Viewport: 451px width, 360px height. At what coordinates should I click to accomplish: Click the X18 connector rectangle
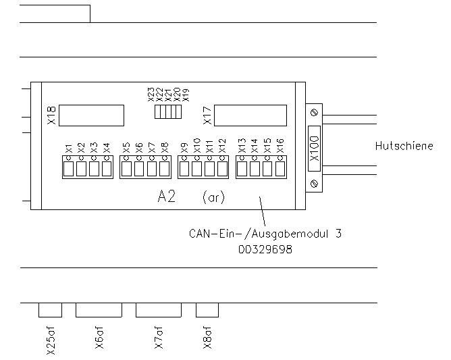point(91,115)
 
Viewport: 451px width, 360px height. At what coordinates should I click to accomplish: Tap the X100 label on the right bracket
point(314,146)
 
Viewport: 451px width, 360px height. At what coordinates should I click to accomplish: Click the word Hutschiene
point(404,146)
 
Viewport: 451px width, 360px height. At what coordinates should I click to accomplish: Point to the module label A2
point(167,197)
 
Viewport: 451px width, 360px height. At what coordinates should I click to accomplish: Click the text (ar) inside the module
point(213,198)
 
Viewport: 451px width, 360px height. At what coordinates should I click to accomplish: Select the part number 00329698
point(265,249)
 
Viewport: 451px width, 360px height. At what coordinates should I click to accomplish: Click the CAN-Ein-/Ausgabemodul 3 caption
point(266,235)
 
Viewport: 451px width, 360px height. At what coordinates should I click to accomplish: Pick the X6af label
point(99,338)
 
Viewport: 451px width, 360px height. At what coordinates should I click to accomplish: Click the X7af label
point(159,338)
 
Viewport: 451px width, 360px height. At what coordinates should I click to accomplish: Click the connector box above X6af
point(99,310)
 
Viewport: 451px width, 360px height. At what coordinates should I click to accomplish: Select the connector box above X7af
point(159,310)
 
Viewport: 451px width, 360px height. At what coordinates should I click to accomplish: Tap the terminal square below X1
point(68,168)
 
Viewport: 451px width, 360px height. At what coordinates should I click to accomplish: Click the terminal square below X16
point(280,168)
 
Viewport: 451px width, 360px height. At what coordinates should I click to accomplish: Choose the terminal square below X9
point(184,168)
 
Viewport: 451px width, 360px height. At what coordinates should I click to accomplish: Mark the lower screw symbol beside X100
point(313,183)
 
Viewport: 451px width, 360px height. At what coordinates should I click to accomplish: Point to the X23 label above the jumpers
point(151,95)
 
